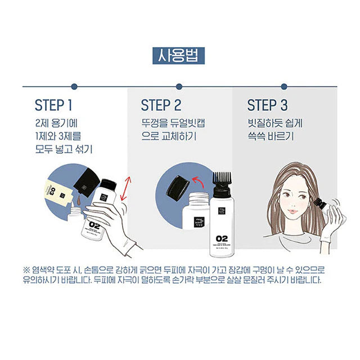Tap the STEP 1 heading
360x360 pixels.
tap(54, 106)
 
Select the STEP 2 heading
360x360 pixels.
tap(161, 106)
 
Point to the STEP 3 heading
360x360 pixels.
tap(268, 106)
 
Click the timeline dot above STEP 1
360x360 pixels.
tap(74, 86)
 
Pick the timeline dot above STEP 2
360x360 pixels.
tap(181, 86)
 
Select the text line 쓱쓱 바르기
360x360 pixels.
tap(271, 136)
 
